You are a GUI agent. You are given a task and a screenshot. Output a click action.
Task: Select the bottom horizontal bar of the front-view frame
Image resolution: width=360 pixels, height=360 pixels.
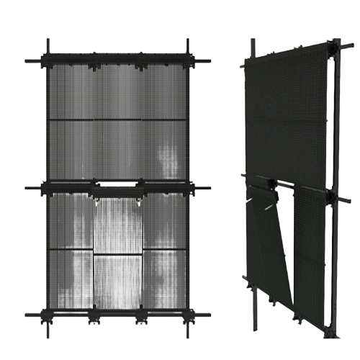(x=119, y=316)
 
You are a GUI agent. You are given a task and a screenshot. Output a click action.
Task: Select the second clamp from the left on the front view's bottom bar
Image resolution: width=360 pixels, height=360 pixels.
(x=94, y=315)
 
